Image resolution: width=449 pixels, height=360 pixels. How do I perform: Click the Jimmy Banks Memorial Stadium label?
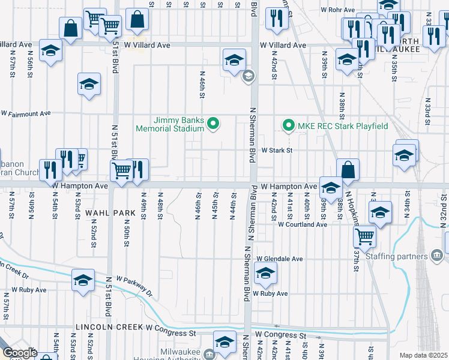click(x=170, y=124)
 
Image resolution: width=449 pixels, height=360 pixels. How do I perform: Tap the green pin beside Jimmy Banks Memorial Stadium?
click(x=212, y=125)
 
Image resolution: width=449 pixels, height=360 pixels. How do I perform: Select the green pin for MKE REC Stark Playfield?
click(x=288, y=126)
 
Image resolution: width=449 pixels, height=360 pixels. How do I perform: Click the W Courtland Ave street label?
click(x=302, y=224)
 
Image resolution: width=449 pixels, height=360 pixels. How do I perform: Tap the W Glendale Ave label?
click(x=280, y=259)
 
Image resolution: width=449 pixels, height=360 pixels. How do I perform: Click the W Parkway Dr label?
click(x=135, y=288)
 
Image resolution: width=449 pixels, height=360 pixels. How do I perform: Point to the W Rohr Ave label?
click(x=338, y=10)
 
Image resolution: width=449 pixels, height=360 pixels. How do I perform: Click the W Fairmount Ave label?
click(x=26, y=113)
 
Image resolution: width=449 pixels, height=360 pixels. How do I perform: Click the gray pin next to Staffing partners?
click(x=436, y=257)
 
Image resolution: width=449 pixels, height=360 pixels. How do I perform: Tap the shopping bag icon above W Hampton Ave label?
click(x=348, y=170)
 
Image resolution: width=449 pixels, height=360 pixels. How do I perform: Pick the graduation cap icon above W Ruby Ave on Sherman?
click(x=265, y=275)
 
